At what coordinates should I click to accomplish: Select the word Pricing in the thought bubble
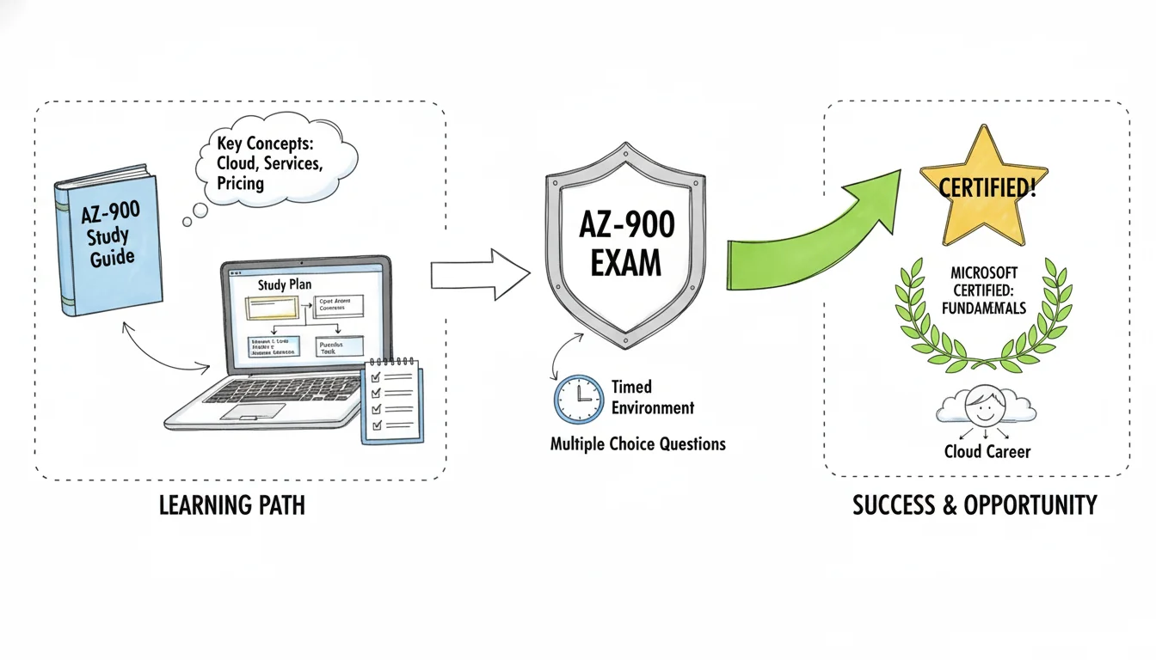pos(241,184)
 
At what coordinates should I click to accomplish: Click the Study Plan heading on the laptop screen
pos(283,283)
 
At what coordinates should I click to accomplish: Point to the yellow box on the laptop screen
pos(274,308)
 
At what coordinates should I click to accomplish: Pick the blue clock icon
pos(579,399)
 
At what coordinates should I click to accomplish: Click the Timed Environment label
pos(652,397)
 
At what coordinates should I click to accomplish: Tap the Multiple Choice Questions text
pos(637,444)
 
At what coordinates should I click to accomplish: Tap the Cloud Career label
pos(987,451)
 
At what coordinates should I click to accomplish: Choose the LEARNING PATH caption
pos(232,505)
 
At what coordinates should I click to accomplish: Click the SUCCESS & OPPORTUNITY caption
pos(975,505)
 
